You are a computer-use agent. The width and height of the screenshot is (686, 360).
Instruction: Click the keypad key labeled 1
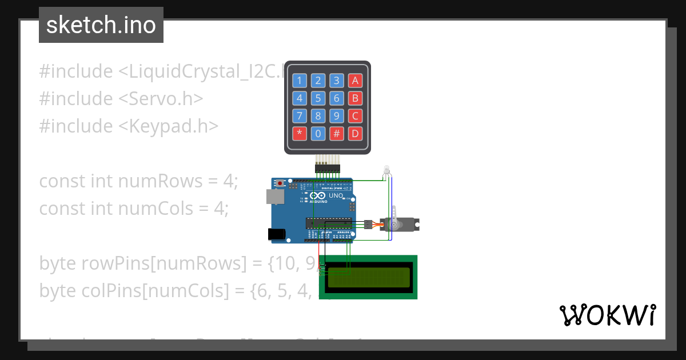click(300, 81)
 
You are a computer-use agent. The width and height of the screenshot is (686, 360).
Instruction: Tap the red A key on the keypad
click(355, 81)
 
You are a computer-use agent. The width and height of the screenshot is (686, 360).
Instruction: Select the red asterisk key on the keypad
click(300, 134)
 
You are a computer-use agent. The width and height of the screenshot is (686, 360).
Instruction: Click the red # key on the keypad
click(337, 134)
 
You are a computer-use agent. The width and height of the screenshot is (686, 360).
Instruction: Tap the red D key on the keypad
click(355, 134)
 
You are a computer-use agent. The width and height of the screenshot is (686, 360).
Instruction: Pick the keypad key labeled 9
click(337, 116)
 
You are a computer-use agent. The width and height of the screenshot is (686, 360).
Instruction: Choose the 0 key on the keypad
click(318, 134)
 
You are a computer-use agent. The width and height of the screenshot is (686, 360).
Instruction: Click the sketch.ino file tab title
click(101, 25)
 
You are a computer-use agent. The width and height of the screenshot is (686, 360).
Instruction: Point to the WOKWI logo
click(607, 315)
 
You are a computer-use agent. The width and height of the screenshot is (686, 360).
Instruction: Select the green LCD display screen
click(369, 277)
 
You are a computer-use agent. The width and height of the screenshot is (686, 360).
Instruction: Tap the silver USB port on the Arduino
click(275, 197)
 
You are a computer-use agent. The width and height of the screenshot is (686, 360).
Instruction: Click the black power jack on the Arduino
click(277, 233)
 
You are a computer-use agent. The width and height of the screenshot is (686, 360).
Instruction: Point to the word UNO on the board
click(336, 195)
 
